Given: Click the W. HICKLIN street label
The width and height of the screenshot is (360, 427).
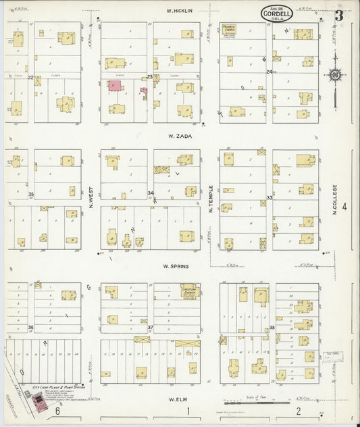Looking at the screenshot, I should tap(180, 11).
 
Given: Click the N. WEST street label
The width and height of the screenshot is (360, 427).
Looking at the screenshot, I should tap(89, 197).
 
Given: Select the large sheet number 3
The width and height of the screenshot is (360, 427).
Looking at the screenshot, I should tap(338, 14).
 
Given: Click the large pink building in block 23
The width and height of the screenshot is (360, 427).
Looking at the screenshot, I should tap(115, 86).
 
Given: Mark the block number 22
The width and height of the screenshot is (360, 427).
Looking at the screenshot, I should tap(31, 78).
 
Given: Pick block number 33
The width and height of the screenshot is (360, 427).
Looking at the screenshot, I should tap(269, 197).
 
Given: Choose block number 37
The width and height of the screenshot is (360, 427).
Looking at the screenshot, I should tap(151, 327).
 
